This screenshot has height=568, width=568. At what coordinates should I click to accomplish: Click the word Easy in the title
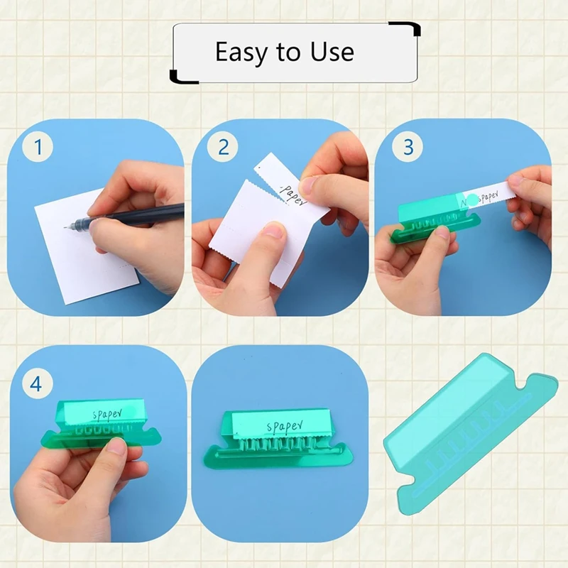coord(241,53)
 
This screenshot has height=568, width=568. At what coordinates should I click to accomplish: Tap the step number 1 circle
coord(39,148)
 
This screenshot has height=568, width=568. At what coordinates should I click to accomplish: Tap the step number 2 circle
coord(223,148)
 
